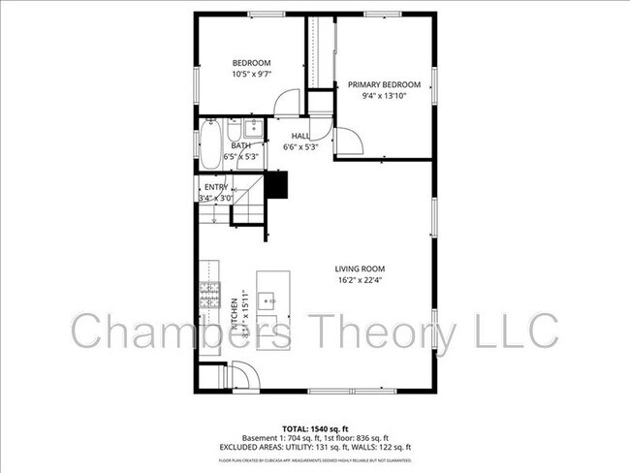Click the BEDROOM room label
click(x=251, y=64)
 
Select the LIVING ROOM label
click(x=361, y=269)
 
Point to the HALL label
click(x=300, y=136)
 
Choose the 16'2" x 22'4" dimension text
click(x=361, y=281)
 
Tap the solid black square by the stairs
click(x=278, y=184)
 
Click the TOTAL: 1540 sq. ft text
click(x=314, y=427)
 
